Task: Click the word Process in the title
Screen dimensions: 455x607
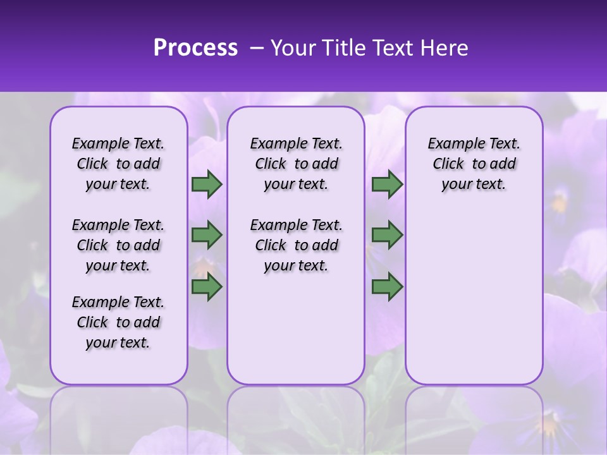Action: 195,48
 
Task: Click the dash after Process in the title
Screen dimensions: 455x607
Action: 257,49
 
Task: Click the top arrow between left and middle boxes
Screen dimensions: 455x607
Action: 207,185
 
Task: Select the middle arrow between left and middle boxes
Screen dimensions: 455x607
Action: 207,235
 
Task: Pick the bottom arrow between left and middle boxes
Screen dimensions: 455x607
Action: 207,287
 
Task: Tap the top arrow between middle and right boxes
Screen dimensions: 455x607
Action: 387,185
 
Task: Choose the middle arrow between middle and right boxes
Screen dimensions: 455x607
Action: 387,235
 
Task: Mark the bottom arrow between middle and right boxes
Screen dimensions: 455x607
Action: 387,287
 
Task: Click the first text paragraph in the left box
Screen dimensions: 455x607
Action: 118,164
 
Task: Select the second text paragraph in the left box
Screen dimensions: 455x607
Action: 118,245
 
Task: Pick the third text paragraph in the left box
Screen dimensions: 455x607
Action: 118,322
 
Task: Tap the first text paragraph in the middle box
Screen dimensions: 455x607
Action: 296,164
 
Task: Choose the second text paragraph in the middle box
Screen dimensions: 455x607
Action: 296,245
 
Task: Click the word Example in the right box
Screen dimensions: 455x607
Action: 453,144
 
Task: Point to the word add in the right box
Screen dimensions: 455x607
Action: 503,164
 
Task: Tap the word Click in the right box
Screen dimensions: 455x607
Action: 448,164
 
